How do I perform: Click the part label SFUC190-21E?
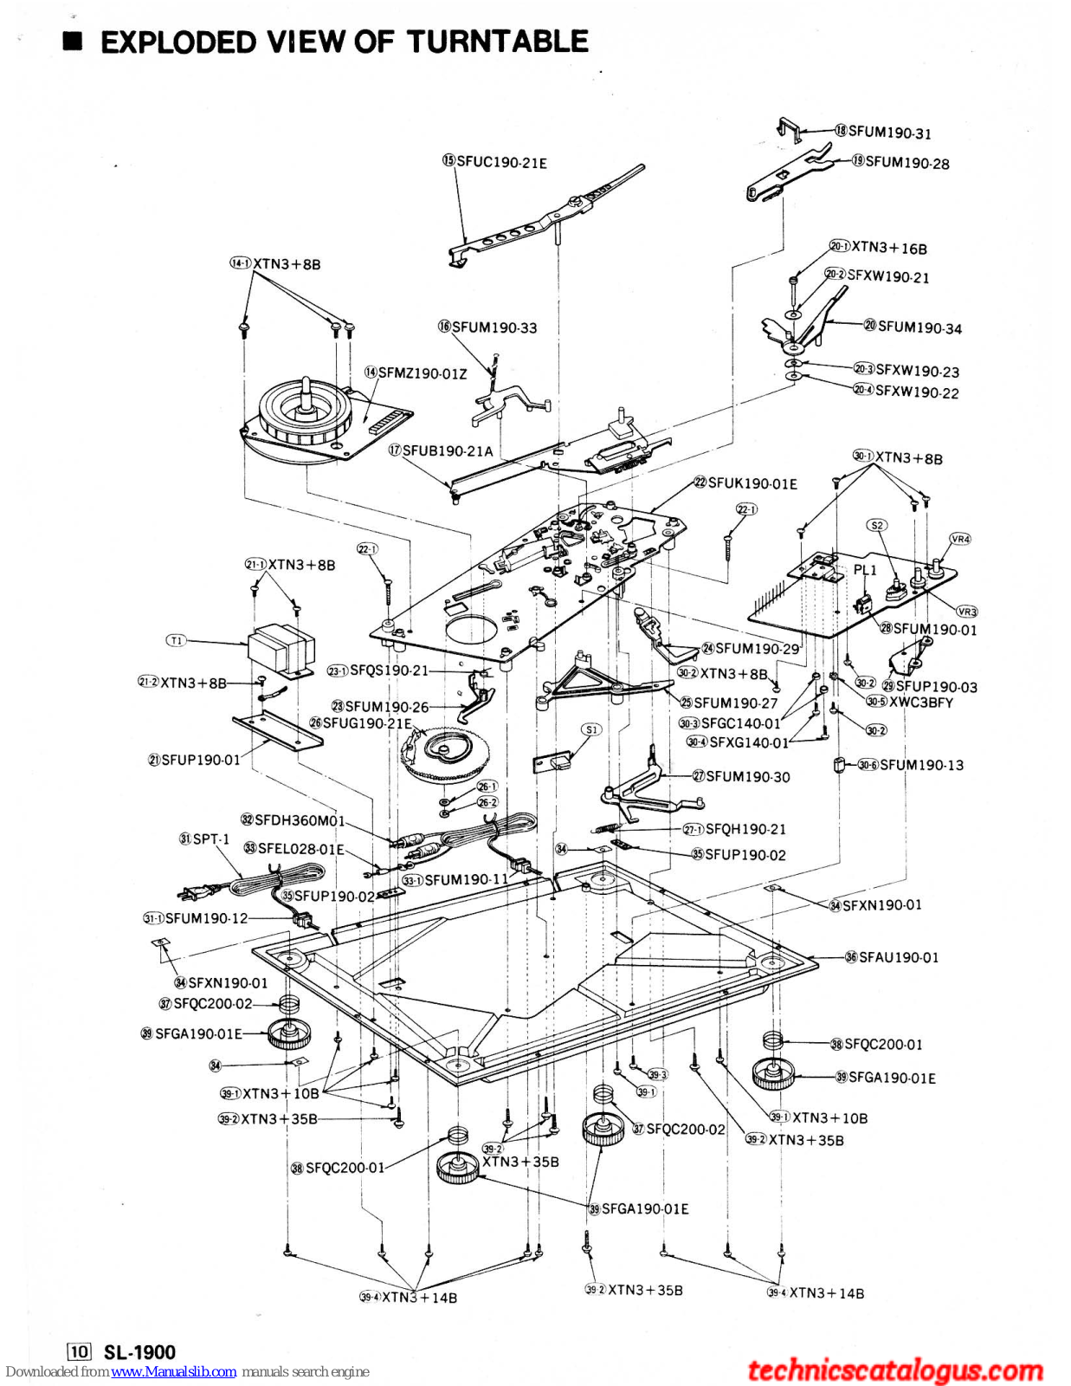[x=501, y=162]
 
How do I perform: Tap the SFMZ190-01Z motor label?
[x=422, y=373]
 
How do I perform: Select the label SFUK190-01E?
[x=752, y=483]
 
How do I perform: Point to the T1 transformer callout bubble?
[x=176, y=640]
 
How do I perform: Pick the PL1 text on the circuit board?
[x=865, y=570]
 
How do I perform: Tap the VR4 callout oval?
[x=960, y=539]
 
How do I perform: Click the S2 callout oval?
[x=877, y=525]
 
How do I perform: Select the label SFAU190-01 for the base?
[x=898, y=957]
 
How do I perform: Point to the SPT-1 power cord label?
[x=210, y=839]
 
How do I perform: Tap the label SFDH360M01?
[x=299, y=820]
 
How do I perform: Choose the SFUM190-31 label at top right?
[x=889, y=133]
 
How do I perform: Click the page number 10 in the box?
[x=79, y=1352]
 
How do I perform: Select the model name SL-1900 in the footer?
[x=139, y=1352]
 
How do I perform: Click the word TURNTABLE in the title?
[x=498, y=42]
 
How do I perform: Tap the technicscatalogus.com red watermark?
[x=895, y=1370]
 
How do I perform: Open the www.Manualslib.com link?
[x=173, y=1372]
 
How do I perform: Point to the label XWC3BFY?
[x=920, y=703]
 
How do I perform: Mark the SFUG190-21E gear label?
[x=367, y=723]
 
